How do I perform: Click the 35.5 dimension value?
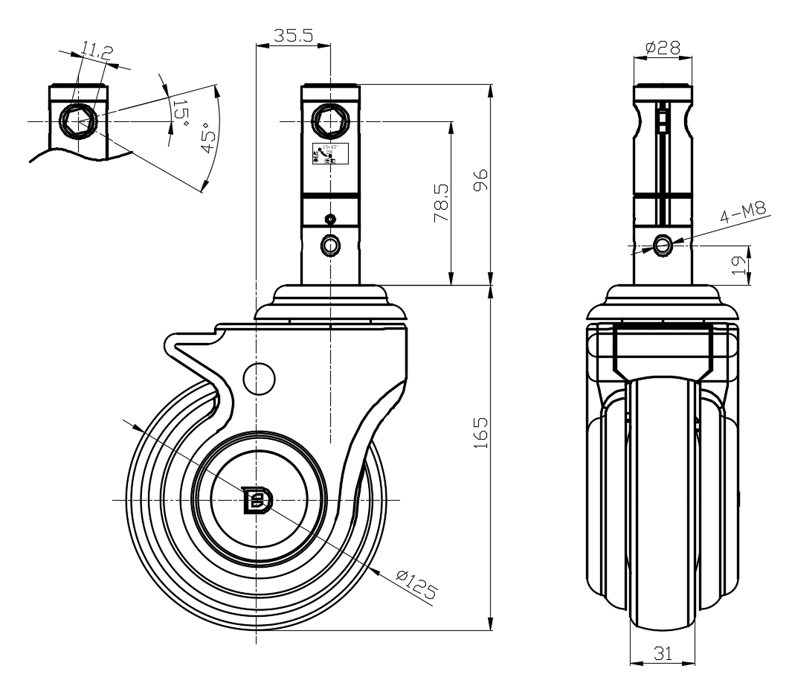(x=292, y=35)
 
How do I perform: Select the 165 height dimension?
(x=480, y=432)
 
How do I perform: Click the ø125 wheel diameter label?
(x=416, y=585)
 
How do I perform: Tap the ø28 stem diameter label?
(x=663, y=48)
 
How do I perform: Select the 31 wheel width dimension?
(x=662, y=653)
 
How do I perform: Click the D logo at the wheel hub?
(x=257, y=500)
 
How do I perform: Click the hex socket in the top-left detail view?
(x=77, y=121)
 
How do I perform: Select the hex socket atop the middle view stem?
(x=329, y=120)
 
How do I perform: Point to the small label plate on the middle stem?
(x=329, y=153)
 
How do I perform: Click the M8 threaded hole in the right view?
(x=662, y=244)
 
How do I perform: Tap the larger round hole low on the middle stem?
(x=330, y=245)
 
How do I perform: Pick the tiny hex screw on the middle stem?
(x=330, y=219)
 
